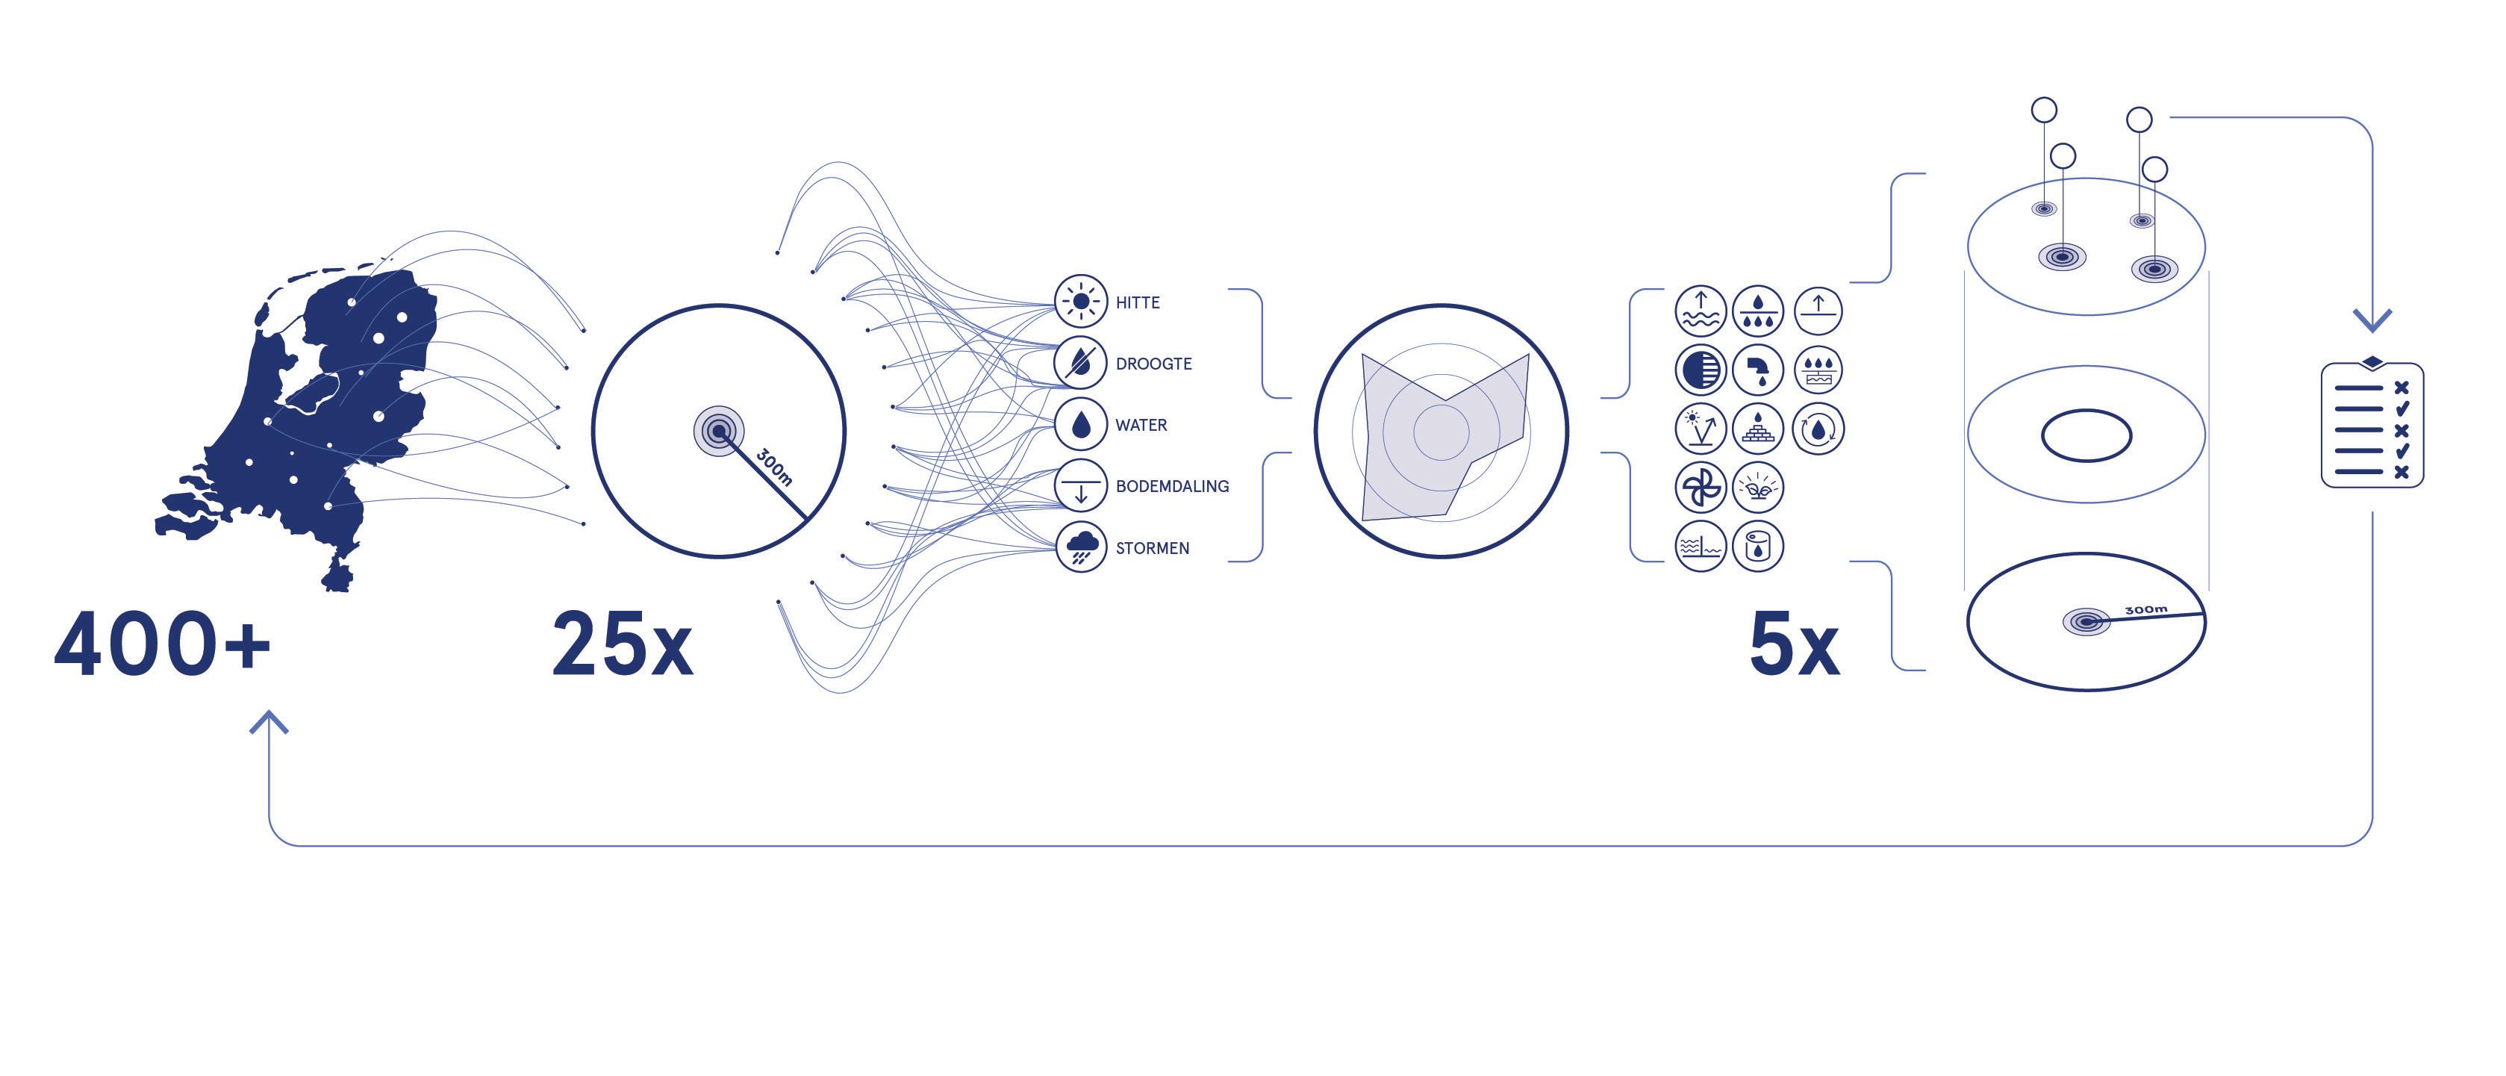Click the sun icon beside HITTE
pyautogui.click(x=1080, y=302)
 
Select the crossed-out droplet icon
pyautogui.click(x=1080, y=363)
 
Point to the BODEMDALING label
pyautogui.click(x=1171, y=486)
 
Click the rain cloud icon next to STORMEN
pyautogui.click(x=1081, y=548)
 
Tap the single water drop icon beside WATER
pyautogui.click(x=1080, y=425)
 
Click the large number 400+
pyautogui.click(x=161, y=644)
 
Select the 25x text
pyautogui.click(x=623, y=644)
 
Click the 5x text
pyautogui.click(x=1794, y=644)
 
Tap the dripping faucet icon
pyautogui.click(x=1758, y=370)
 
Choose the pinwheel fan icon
pyautogui.click(x=1701, y=486)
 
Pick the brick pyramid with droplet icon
pyautogui.click(x=1758, y=428)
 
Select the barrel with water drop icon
pyautogui.click(x=1758, y=546)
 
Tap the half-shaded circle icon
pyautogui.click(x=1701, y=370)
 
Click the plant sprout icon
pyautogui.click(x=1758, y=486)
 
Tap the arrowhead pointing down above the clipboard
pyautogui.click(x=2372, y=319)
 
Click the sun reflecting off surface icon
pyautogui.click(x=1701, y=428)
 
